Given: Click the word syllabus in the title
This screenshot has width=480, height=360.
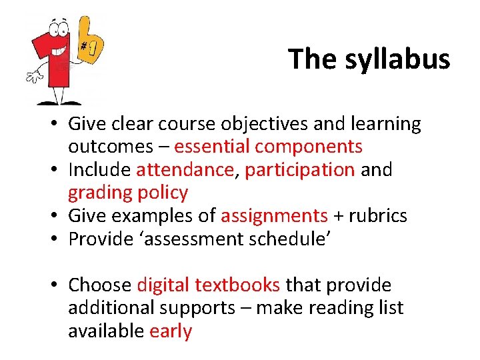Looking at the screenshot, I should (398, 59).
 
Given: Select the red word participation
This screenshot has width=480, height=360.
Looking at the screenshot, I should (300, 170).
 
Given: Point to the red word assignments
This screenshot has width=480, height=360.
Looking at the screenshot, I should (274, 216).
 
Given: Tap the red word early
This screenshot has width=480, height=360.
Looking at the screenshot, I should (171, 331).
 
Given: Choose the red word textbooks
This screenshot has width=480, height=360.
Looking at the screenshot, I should (237, 285).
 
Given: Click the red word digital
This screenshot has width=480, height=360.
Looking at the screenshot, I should (163, 285).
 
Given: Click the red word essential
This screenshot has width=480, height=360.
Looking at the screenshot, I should (212, 147).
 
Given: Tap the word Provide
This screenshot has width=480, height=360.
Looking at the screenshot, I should (101, 239).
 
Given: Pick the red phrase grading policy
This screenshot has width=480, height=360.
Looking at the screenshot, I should (128, 193).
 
